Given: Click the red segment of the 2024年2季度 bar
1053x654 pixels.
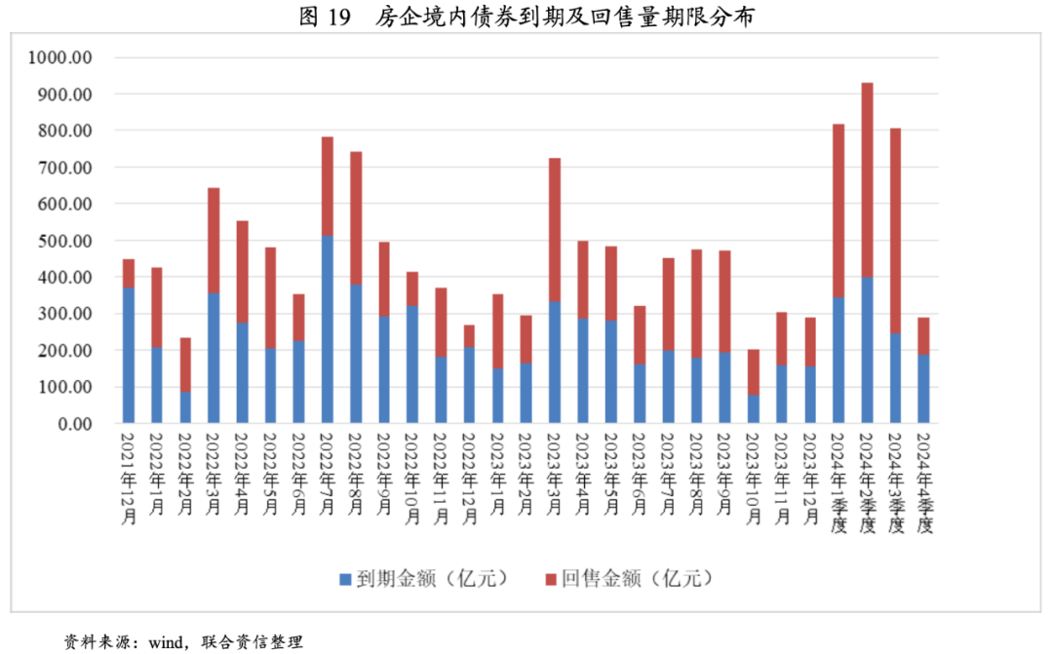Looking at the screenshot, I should (x=867, y=180).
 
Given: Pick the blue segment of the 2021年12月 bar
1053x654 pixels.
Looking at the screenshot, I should (x=128, y=356).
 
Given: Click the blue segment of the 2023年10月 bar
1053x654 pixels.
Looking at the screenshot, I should (x=754, y=409).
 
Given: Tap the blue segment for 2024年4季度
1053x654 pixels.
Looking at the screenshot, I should (x=923, y=389).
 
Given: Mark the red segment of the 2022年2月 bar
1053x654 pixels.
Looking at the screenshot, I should (x=185, y=365).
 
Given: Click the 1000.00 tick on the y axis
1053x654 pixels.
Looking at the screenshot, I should (x=60, y=58).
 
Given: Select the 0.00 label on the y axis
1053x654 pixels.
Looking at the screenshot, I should (x=73, y=424).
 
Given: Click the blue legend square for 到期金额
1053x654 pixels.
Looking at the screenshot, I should (x=344, y=579).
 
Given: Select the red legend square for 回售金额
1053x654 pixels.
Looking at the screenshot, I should (x=551, y=579).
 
